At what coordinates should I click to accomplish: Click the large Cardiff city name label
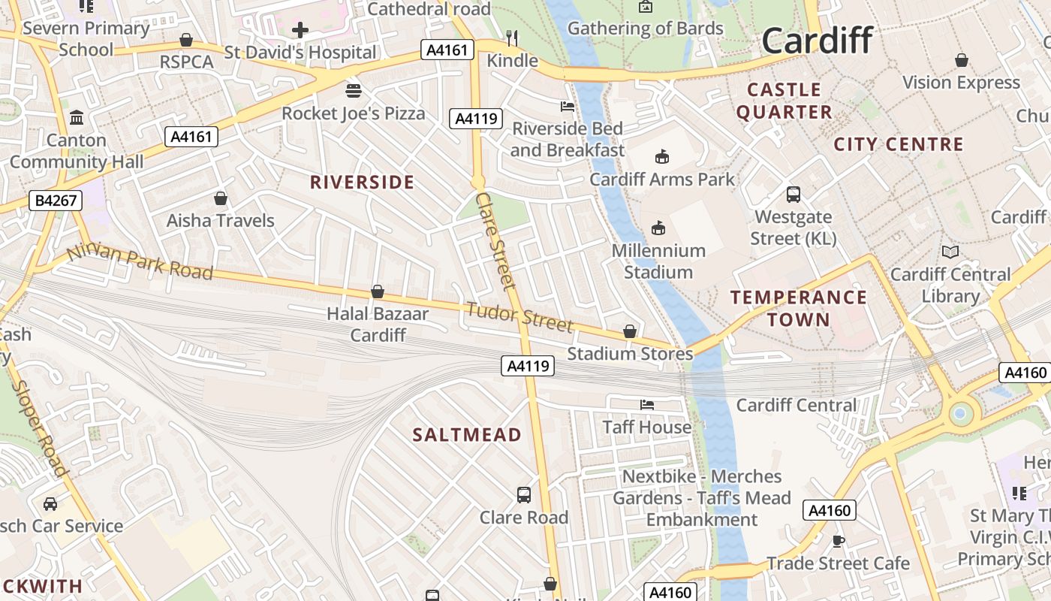818,41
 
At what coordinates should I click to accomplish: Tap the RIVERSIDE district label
362,183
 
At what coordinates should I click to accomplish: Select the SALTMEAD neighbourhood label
467,435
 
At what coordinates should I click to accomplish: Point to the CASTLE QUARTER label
784,101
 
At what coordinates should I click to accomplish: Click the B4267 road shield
56,201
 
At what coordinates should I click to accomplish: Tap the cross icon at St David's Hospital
300,30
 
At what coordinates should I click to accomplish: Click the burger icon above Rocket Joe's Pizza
354,90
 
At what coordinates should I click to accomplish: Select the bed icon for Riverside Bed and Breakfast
568,107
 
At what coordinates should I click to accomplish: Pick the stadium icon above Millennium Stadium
658,227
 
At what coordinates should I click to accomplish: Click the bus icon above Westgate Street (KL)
794,195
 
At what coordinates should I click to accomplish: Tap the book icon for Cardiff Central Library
950,252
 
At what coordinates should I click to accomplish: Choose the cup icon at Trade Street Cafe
839,541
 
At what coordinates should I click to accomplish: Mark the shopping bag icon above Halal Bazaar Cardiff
378,291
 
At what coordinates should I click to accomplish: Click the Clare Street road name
496,240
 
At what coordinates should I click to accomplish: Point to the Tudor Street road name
519,316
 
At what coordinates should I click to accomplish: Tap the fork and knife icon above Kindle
513,38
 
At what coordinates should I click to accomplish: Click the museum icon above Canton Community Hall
77,118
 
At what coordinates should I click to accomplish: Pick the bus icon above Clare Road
524,495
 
